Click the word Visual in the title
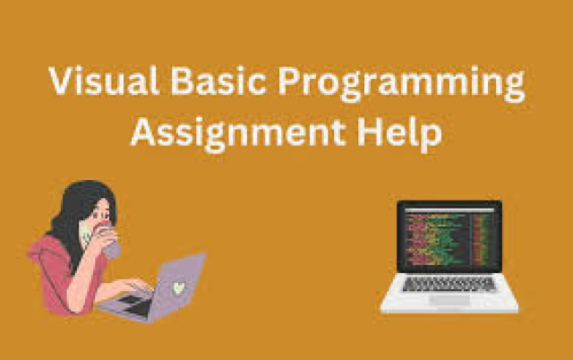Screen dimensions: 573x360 pos(104,81)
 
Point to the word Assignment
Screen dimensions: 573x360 pos(238,133)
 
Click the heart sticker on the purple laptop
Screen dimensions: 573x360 pos(179,288)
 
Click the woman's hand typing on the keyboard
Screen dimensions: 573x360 pos(135,285)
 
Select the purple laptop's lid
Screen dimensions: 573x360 pos(177,285)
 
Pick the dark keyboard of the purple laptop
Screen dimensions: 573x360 pos(134,304)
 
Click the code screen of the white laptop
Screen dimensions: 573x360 pos(449,236)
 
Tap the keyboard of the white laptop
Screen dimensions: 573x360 pos(449,284)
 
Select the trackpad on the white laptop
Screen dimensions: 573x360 pos(449,300)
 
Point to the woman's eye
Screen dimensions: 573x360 pos(96,216)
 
